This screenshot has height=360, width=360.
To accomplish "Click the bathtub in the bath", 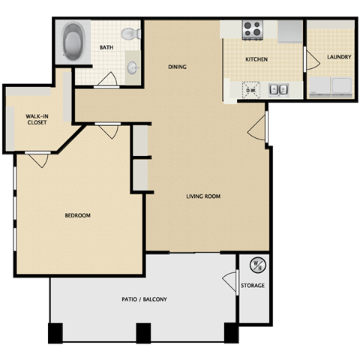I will click(x=73, y=43).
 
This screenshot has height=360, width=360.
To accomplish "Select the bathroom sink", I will click(x=132, y=67).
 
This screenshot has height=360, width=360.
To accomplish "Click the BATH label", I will click(x=106, y=48).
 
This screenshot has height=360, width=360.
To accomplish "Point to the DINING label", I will click(x=177, y=67).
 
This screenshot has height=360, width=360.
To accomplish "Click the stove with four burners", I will click(x=252, y=30).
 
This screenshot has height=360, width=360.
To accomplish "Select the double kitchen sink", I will click(x=278, y=89).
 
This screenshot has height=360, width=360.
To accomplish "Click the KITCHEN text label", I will click(x=257, y=59).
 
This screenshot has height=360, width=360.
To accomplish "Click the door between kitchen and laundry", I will click(x=308, y=58).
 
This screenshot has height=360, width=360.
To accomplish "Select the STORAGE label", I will click(x=253, y=286).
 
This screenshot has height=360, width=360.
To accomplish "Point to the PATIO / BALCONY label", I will click(x=144, y=300).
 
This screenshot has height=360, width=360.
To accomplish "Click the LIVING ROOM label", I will click(x=202, y=196).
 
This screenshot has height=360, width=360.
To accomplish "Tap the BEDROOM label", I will click(x=77, y=215).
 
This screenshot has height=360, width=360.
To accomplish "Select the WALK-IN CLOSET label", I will click(x=36, y=118).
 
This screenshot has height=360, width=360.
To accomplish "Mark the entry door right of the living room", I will click(x=257, y=128).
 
